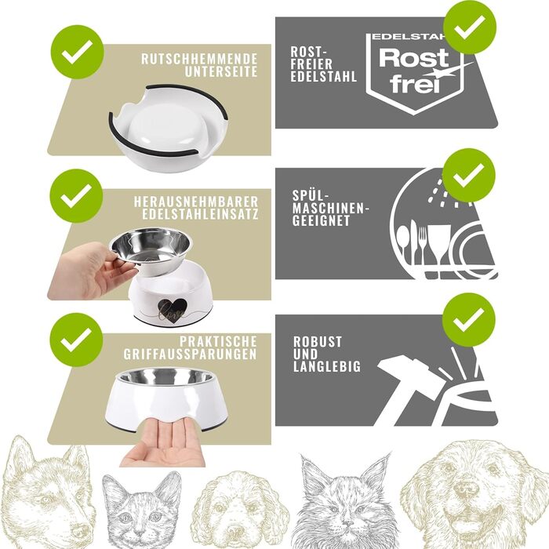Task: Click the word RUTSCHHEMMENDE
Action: [x=199, y=59]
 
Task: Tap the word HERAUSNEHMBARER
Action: [x=196, y=202]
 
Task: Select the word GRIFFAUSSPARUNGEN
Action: [x=190, y=354]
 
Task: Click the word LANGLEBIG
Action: [x=327, y=366]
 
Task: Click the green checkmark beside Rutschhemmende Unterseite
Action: [x=77, y=52]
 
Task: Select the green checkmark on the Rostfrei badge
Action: [x=470, y=27]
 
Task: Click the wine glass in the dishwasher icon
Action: [x=439, y=245]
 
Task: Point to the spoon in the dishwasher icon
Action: [x=404, y=242]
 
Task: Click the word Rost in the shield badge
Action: [x=414, y=58]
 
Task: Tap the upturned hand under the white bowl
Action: [x=164, y=443]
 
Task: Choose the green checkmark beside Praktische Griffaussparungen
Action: [x=76, y=340]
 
